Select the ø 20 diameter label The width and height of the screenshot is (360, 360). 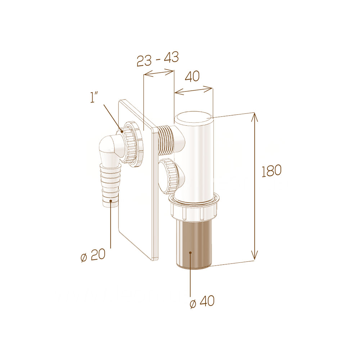pos(93,255)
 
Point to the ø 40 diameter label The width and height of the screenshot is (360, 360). pos(202,301)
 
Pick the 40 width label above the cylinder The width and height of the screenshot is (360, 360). pos(192,76)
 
